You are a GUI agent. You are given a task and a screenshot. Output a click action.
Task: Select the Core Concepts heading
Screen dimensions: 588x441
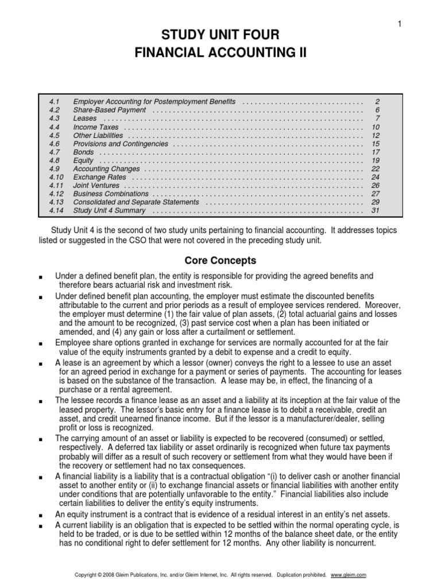[x=220, y=260]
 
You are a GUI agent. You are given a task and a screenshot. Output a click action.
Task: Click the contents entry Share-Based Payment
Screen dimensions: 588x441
[x=110, y=110]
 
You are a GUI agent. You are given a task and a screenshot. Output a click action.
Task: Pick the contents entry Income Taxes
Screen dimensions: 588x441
[x=96, y=127]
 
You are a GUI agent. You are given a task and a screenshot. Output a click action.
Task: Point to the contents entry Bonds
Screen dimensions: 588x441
[x=84, y=152]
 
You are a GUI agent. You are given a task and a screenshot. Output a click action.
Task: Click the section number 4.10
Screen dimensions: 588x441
[x=55, y=177]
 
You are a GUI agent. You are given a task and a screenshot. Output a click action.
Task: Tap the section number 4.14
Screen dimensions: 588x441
[x=55, y=211]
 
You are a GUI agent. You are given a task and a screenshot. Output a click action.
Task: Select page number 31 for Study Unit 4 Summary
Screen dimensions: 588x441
[x=376, y=211]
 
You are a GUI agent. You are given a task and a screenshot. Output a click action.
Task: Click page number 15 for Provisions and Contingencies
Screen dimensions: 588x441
[x=376, y=144]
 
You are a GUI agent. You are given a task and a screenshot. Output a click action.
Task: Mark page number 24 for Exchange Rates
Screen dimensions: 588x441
[x=376, y=177]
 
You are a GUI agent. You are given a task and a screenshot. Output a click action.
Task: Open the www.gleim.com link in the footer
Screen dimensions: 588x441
[x=349, y=575]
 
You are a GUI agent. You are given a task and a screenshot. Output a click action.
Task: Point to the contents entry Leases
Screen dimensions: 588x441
[x=85, y=118]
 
